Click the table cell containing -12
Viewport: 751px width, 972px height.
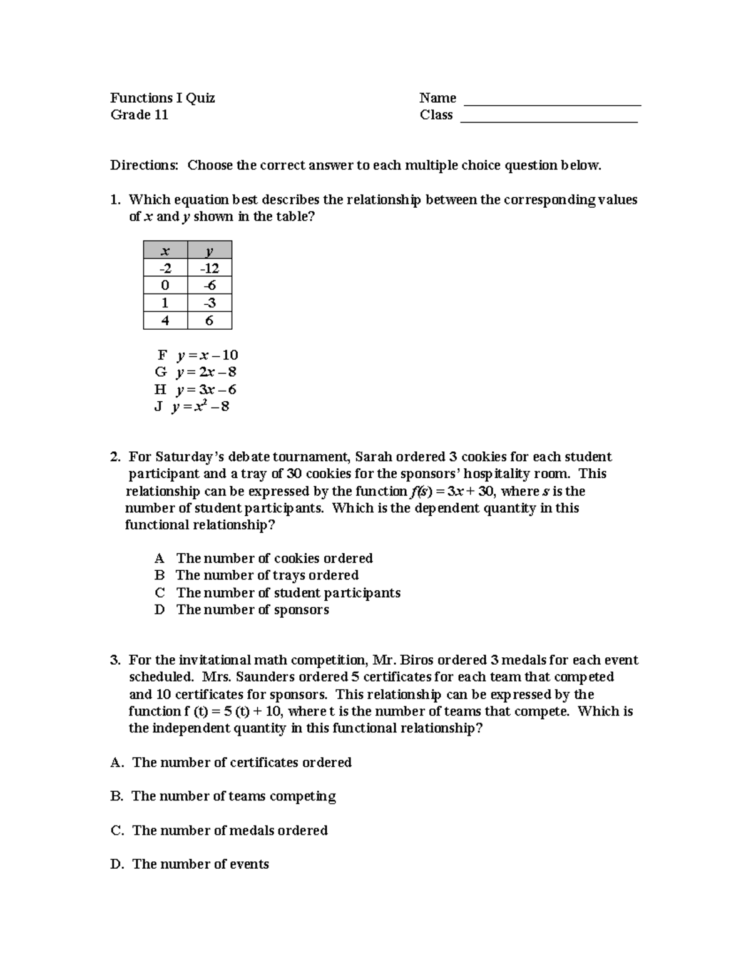(210, 269)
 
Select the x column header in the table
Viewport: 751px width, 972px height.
(165, 251)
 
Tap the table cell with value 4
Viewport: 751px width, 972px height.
(165, 321)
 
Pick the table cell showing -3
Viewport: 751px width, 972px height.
(210, 304)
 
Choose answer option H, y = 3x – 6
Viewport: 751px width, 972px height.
(196, 390)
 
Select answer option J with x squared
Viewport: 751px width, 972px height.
(193, 407)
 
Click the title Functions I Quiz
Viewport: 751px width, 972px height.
(163, 98)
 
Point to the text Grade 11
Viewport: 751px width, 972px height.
(140, 115)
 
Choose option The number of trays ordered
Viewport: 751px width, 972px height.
(267, 576)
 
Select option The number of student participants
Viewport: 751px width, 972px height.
(288, 593)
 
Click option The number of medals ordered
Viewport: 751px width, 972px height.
(230, 831)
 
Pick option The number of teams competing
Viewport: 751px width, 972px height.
(233, 797)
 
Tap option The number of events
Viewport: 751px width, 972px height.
(200, 864)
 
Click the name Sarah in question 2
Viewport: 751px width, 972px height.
(374, 458)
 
